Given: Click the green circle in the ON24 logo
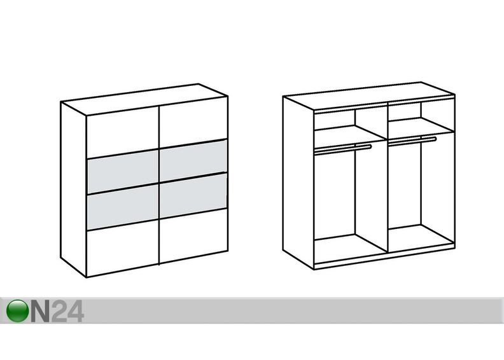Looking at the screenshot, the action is click(x=17, y=311).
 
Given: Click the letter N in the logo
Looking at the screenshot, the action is click(x=40, y=311).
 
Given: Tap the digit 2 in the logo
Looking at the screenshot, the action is click(x=59, y=311).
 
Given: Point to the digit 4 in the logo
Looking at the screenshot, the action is click(x=76, y=311).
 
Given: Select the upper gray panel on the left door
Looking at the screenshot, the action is click(x=122, y=172).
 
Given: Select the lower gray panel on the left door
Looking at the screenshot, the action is click(x=122, y=207).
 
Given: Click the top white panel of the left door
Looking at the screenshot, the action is click(x=122, y=132).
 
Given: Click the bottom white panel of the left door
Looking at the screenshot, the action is click(x=122, y=248).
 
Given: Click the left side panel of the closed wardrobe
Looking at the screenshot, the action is click(x=73, y=190).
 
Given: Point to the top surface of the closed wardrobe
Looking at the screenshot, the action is click(x=144, y=100).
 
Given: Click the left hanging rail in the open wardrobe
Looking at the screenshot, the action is click(x=342, y=149).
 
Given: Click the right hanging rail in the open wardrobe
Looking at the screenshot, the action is click(x=412, y=141).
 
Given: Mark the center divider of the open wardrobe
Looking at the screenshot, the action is click(x=388, y=177).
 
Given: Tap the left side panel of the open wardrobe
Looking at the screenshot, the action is click(x=298, y=183).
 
